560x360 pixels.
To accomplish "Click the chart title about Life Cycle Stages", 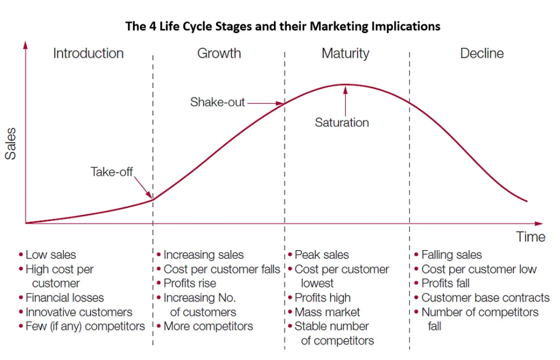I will coord(283,26).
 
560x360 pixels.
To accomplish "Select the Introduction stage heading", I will coord(88,54).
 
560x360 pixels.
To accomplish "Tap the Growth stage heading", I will coord(219,54).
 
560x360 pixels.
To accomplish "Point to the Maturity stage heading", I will coord(345,54).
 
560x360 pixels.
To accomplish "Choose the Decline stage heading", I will coord(482,54).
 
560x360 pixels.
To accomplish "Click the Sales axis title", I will coord(10,144).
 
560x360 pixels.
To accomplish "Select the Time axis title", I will coord(530,237).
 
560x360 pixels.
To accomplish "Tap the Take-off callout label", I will coord(112,172).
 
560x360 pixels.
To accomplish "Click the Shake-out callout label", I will coord(218,102).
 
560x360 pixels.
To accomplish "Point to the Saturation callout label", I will coord(342,123).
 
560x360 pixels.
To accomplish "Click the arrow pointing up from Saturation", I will coord(345,99).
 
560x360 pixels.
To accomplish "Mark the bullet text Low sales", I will coord(51,255).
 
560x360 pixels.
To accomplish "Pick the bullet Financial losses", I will coord(65,298).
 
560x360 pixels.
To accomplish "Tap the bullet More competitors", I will coord(208,326).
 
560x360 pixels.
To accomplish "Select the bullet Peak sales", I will coord(321,255).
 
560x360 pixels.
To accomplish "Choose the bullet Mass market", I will coord(327,312).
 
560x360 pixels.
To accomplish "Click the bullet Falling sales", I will coord(451,255).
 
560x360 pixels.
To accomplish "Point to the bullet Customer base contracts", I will coord(485,298).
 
